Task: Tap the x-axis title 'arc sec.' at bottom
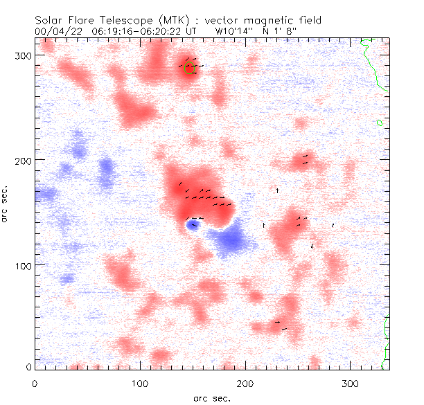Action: (211, 397)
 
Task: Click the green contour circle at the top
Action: (191, 69)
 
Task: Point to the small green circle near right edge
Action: (380, 123)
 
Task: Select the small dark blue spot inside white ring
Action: (193, 224)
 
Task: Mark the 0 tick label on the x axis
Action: (35, 383)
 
